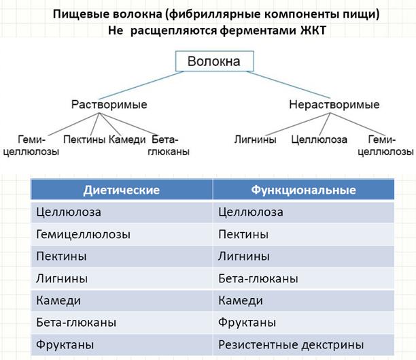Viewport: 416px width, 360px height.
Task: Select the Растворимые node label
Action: click(109, 105)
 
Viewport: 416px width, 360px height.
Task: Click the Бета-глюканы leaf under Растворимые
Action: click(171, 146)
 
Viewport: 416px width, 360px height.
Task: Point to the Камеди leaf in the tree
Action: click(127, 140)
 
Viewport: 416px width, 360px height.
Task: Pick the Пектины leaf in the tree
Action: click(84, 140)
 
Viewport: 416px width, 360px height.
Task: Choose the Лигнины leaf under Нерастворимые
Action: click(255, 140)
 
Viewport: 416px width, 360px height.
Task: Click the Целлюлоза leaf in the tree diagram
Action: click(319, 140)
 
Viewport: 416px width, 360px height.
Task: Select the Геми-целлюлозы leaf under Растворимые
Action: click(31, 146)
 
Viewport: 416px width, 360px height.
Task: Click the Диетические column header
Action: click(122, 190)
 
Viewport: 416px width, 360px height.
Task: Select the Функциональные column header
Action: click(303, 190)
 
